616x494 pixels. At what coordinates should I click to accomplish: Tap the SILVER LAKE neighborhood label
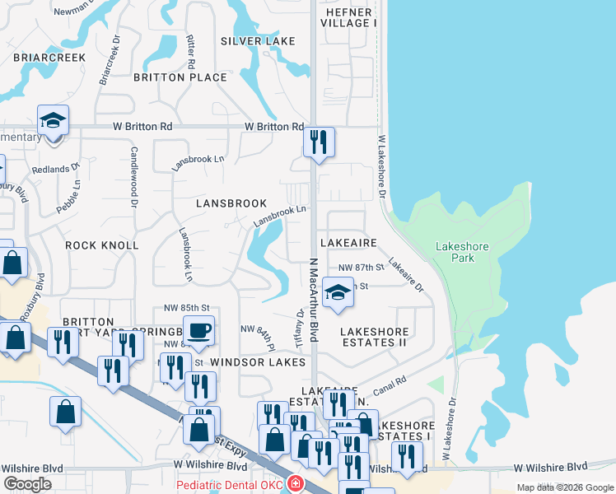pos(258,41)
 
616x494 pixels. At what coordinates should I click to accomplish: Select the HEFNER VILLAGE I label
pos(352,17)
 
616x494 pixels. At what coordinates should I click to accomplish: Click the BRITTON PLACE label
pos(180,77)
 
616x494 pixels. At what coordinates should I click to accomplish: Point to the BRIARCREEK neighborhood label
pos(49,58)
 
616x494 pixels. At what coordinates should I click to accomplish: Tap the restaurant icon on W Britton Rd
pos(318,142)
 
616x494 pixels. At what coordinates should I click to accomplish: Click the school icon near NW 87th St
pos(337,293)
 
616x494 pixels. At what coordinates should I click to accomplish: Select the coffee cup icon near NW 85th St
pos(198,331)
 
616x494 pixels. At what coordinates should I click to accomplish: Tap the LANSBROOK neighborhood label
pos(231,203)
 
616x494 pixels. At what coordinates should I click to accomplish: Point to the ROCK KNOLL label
pos(102,245)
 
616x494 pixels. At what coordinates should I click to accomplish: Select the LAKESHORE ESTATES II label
pos(375,336)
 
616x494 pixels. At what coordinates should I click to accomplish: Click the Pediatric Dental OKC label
pos(228,485)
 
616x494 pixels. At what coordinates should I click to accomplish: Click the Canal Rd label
pos(390,383)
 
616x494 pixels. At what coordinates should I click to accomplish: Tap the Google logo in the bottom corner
pos(27,484)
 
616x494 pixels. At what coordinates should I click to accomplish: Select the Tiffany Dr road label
pos(299,329)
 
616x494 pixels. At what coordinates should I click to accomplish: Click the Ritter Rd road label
pos(191,51)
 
